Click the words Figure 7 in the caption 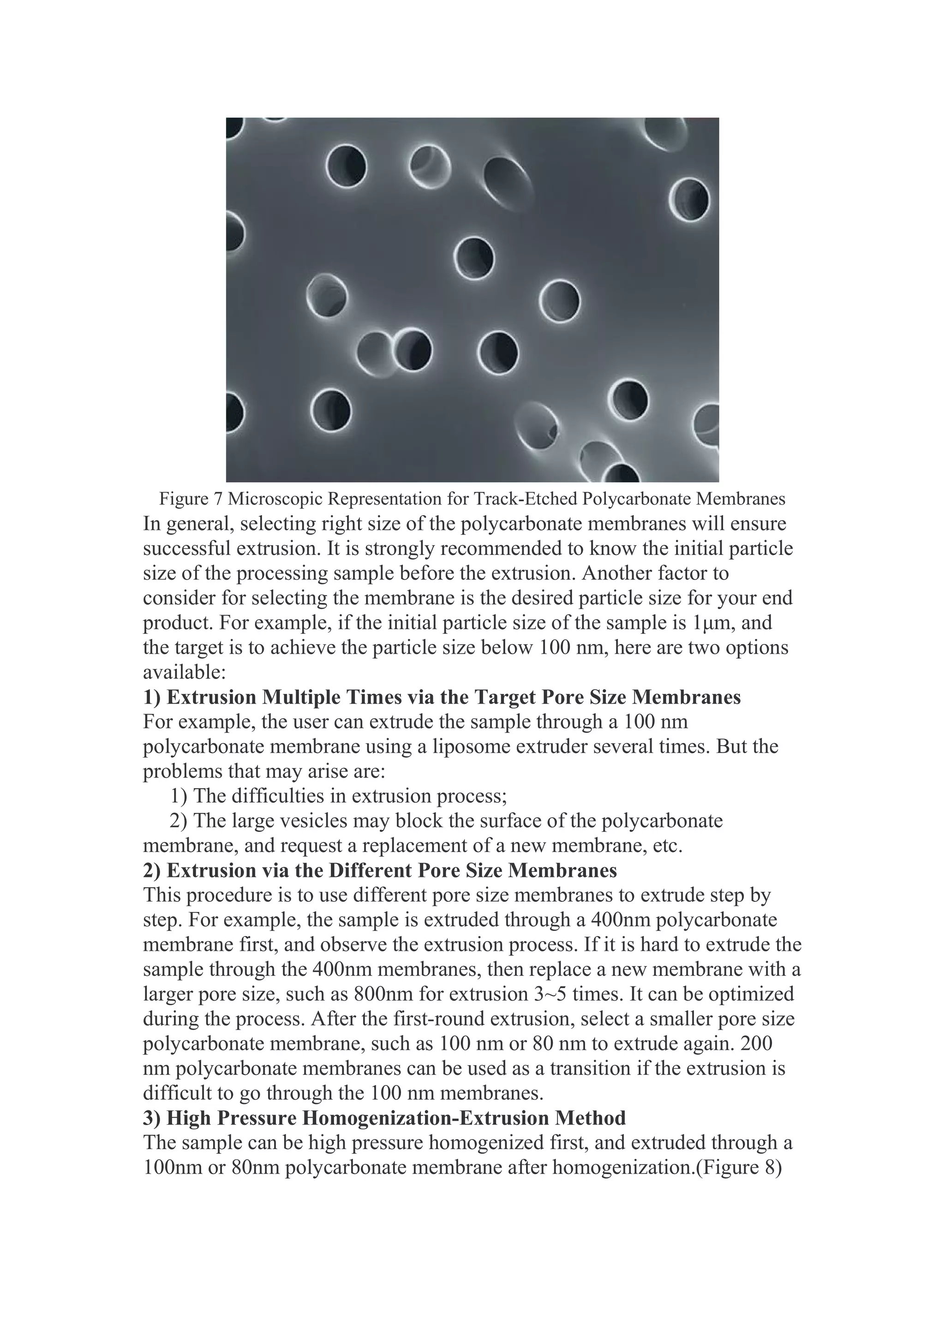pos(191,499)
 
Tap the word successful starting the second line pos(186,549)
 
